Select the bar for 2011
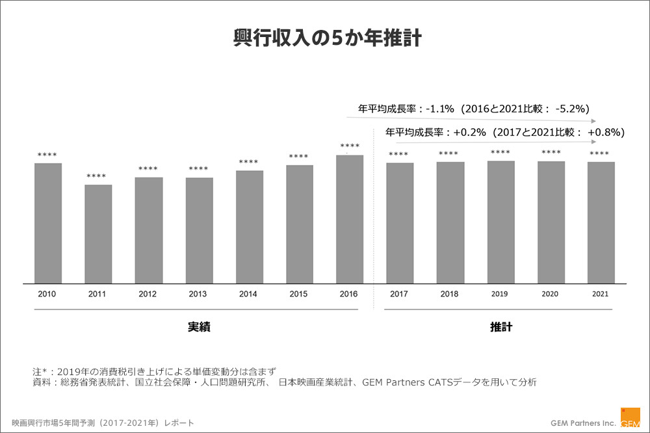point(98,234)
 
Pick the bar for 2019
point(500,222)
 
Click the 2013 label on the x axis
point(198,294)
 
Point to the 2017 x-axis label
point(399,294)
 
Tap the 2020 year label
point(551,294)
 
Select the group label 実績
point(198,327)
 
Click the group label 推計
point(500,327)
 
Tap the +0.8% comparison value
point(604,132)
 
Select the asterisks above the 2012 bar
point(148,169)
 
